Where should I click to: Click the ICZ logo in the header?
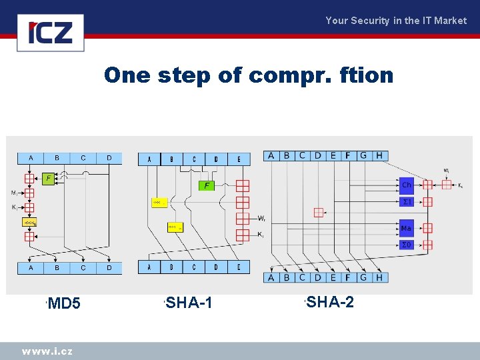pyautogui.click(x=51, y=33)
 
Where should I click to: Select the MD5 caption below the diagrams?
pyautogui.click(x=64, y=304)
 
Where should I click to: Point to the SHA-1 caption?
pyautogui.click(x=189, y=303)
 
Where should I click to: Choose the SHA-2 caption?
pyautogui.click(x=330, y=303)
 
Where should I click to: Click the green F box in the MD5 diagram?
pyautogui.click(x=49, y=179)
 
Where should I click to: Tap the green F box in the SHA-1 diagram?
pyautogui.click(x=207, y=185)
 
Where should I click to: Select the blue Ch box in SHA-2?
pyautogui.click(x=406, y=185)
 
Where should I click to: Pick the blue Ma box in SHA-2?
pyautogui.click(x=406, y=228)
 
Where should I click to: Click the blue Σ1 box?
pyautogui.click(x=406, y=201)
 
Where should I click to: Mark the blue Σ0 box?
pyautogui.click(x=406, y=245)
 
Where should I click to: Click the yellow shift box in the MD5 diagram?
pyautogui.click(x=30, y=222)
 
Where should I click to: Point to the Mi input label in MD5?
pyautogui.click(x=14, y=193)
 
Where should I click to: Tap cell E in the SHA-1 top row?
pyautogui.click(x=239, y=159)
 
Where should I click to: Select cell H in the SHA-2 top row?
pyautogui.click(x=379, y=155)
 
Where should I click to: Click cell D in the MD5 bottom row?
pyautogui.click(x=109, y=267)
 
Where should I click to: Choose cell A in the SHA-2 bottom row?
pyautogui.click(x=271, y=277)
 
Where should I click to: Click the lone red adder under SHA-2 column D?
pyautogui.click(x=319, y=212)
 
